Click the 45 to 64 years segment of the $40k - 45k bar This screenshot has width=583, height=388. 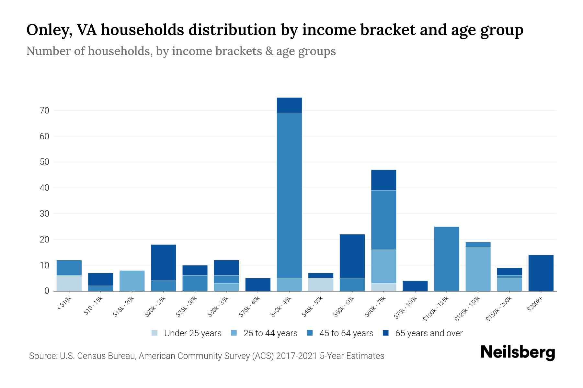tap(289, 195)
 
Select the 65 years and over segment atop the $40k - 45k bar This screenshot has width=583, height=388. tap(289, 105)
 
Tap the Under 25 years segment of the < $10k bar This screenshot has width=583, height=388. tap(69, 283)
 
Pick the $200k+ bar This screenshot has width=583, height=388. tap(541, 273)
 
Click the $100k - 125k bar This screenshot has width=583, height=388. tap(447, 259)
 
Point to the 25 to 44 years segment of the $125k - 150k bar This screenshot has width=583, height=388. tap(478, 269)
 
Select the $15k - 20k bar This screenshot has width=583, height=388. tap(132, 281)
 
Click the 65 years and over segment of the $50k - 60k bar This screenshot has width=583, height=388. tap(352, 256)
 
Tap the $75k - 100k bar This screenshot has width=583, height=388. tap(415, 286)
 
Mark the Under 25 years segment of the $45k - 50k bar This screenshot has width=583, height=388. tap(321, 285)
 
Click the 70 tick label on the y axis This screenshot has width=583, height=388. tap(44, 111)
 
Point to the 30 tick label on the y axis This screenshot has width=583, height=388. tap(44, 214)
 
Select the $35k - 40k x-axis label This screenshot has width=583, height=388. tap(250, 307)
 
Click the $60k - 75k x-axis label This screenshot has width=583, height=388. tap(375, 307)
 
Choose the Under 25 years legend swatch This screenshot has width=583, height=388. tap(155, 333)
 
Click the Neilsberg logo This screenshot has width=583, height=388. tap(518, 352)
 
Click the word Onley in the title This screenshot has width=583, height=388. tap(49, 30)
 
